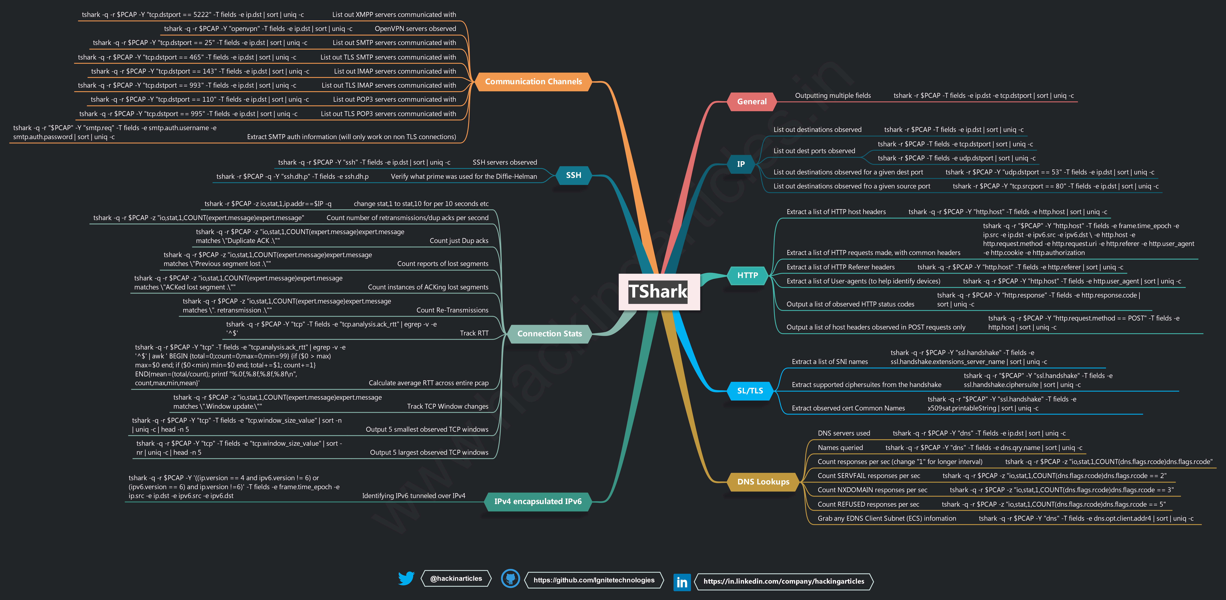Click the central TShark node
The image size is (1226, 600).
pyautogui.click(x=659, y=291)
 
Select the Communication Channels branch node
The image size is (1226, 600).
pyautogui.click(x=533, y=81)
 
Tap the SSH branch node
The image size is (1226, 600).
pyautogui.click(x=574, y=175)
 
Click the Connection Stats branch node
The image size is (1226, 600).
pyautogui.click(x=549, y=334)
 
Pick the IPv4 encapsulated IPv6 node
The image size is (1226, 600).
pyautogui.click(x=538, y=501)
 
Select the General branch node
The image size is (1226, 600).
pyautogui.click(x=752, y=101)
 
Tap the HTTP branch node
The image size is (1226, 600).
pyautogui.click(x=747, y=275)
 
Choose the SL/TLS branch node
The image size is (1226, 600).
pyautogui.click(x=750, y=391)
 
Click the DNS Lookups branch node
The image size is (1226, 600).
pyautogui.click(x=763, y=482)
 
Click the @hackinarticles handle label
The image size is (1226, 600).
pyautogui.click(x=456, y=579)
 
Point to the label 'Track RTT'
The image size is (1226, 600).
pyautogui.click(x=474, y=333)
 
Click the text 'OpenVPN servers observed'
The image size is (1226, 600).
pyautogui.click(x=415, y=29)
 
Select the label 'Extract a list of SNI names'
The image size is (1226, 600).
pyautogui.click(x=830, y=362)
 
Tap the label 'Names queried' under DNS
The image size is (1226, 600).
pyautogui.click(x=840, y=448)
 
